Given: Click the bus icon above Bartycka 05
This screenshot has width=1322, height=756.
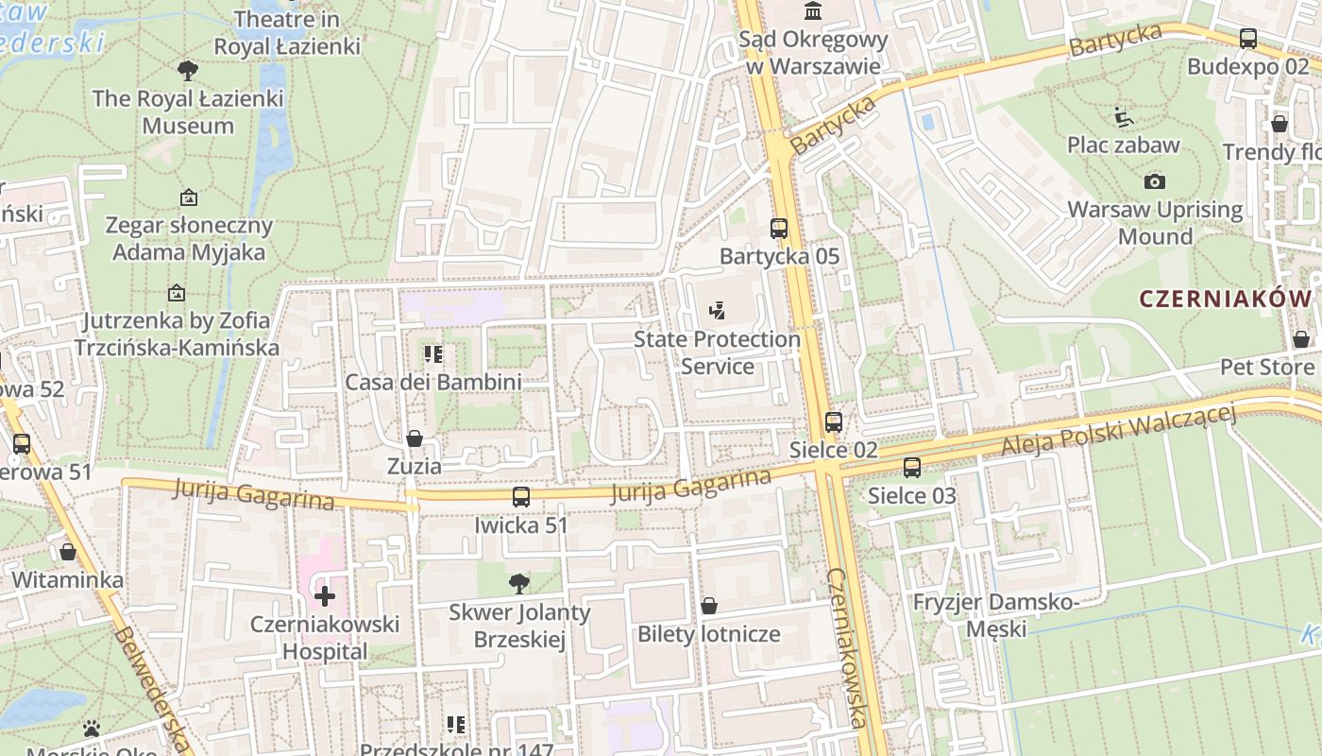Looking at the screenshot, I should click(x=779, y=228).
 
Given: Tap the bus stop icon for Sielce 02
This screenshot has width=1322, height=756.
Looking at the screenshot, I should click(x=834, y=422).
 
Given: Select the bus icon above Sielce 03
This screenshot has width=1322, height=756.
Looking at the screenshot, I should click(x=912, y=467).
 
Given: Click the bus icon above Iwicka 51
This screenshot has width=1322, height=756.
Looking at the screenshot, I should click(x=521, y=497).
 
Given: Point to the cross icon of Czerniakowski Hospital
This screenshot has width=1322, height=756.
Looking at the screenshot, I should click(x=325, y=596).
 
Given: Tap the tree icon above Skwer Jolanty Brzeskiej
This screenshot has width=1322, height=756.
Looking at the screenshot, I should click(x=518, y=583).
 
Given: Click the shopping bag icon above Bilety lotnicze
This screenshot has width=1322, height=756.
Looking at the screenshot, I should click(x=709, y=606).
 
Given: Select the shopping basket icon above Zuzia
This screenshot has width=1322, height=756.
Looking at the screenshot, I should click(x=415, y=438).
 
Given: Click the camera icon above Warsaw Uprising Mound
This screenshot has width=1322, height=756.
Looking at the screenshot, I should click(x=1154, y=181).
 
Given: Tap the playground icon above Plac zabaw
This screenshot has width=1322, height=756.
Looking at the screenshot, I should click(x=1124, y=117).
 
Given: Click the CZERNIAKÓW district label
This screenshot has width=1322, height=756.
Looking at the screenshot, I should click(x=1226, y=299).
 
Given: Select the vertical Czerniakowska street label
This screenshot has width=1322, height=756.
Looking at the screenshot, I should click(x=847, y=647).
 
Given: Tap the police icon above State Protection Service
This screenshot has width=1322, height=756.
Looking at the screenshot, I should click(x=717, y=309).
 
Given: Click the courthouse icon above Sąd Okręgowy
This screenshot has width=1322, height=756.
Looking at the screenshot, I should click(x=812, y=11).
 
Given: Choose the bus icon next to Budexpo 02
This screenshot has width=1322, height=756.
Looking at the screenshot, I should click(x=1248, y=39).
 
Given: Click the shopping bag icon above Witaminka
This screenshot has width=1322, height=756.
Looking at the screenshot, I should click(x=68, y=552).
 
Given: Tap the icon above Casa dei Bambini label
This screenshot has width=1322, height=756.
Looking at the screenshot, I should click(x=433, y=354).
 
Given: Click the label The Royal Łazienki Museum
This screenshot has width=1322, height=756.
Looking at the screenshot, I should click(x=188, y=112).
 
